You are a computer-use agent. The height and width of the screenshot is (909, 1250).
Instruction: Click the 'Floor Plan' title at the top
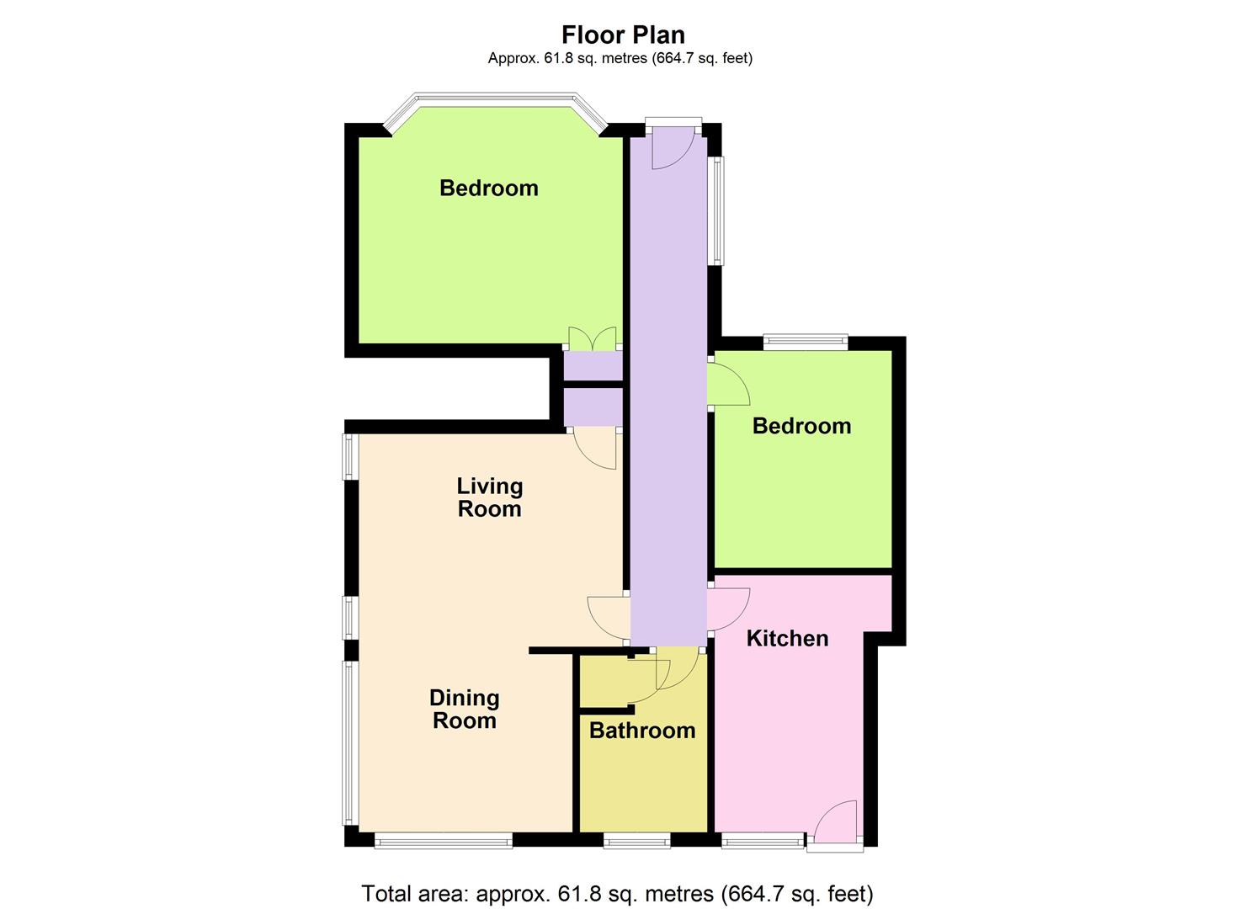pos(623,35)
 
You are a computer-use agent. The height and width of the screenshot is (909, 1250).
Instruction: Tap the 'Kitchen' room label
pos(787,638)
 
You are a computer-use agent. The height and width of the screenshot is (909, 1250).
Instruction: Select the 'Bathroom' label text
pos(642,730)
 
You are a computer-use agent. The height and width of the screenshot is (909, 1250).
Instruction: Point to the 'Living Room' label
pos(489,497)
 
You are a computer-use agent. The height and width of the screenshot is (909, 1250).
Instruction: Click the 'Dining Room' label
pos(464,709)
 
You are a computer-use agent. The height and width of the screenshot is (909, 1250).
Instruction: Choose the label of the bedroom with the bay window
pos(488,188)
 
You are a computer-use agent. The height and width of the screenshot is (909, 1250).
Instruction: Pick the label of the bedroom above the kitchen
pos(801,426)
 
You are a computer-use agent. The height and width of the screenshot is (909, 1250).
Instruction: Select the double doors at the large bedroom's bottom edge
pos(593,339)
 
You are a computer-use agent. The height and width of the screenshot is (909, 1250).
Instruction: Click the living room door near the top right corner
pos(596,447)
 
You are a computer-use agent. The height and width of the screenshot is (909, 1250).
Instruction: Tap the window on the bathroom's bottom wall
pos(637,839)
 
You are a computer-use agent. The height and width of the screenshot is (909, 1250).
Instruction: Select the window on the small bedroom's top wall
pos(806,342)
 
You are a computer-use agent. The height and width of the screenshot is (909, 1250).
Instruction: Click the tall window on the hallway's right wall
pos(715,210)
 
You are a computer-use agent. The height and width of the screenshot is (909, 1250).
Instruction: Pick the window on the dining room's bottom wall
pos(443,839)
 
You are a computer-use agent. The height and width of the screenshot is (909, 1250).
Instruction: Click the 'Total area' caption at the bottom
pos(617,893)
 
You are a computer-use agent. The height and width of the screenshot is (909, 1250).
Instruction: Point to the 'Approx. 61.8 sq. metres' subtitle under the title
pos(620,58)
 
